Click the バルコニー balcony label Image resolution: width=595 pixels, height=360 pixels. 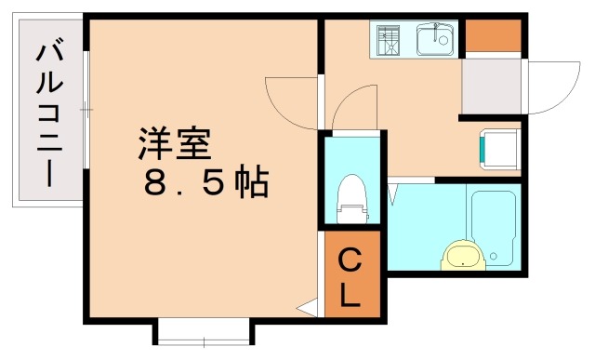pyautogui.click(x=49, y=113)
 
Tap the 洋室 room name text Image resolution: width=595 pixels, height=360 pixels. pyautogui.click(x=176, y=144)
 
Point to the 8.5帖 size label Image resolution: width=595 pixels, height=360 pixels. pyautogui.click(x=206, y=183)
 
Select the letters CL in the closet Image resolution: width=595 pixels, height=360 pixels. pyautogui.click(x=351, y=276)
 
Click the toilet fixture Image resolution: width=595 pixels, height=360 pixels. pyautogui.click(x=351, y=197)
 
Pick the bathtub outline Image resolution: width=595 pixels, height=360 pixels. pyautogui.click(x=492, y=226)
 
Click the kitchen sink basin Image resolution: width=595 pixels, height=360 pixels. pyautogui.click(x=433, y=41)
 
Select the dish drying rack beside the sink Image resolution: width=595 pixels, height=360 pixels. pyautogui.click(x=390, y=41)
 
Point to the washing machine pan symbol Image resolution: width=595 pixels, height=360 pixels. pyautogui.click(x=499, y=148)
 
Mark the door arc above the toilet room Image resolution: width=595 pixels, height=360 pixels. pyautogui.click(x=353, y=107)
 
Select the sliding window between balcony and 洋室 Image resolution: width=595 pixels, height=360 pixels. pyautogui.click(x=86, y=111)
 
